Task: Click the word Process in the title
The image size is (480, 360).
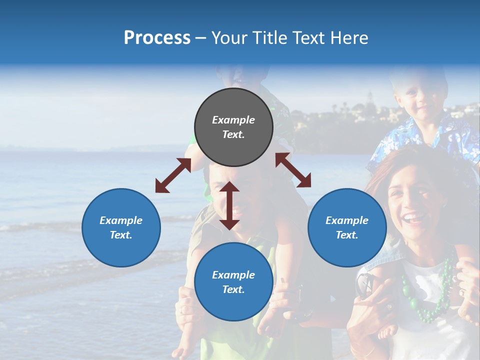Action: coord(157,38)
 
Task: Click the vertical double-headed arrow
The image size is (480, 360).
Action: coord(229,205)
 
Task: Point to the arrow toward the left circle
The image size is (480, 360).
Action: coord(173,175)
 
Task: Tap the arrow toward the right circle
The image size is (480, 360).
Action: coord(293,169)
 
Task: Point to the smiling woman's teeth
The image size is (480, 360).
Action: coord(413,218)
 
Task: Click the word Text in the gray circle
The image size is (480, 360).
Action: coord(233,134)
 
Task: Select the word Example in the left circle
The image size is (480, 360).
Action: coord(121,220)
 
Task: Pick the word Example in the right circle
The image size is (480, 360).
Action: coord(347,220)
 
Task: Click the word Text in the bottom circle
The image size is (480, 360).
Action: coord(233,289)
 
